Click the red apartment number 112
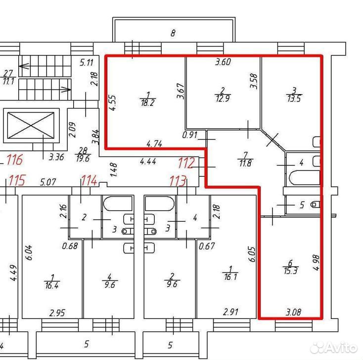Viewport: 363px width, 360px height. coord(186,163)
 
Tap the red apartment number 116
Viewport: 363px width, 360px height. coord(15,160)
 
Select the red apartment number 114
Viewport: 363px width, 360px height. coord(89,180)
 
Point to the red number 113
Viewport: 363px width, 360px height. coord(178,181)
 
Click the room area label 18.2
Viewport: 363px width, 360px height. coord(147,102)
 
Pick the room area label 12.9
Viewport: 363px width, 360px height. coord(223,98)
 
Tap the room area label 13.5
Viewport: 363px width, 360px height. coord(294,98)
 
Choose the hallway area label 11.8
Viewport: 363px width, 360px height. coord(245,163)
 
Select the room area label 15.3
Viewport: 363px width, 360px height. coord(290,270)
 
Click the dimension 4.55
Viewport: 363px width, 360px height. coord(113,103)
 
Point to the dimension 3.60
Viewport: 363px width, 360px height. coord(223,62)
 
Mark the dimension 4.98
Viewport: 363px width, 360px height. coord(316,262)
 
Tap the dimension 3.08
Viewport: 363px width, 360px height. coord(294,312)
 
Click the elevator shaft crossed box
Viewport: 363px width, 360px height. coord(31,125)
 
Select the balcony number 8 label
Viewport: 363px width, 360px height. coord(173,33)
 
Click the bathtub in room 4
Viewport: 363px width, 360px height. coord(304,178)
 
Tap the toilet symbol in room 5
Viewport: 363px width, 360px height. coord(316,205)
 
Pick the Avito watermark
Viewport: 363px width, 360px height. coord(333,348)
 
